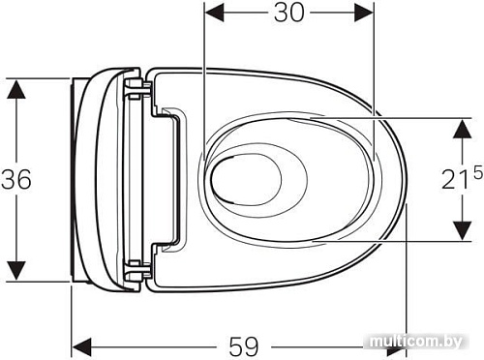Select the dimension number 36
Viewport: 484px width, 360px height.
16,179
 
